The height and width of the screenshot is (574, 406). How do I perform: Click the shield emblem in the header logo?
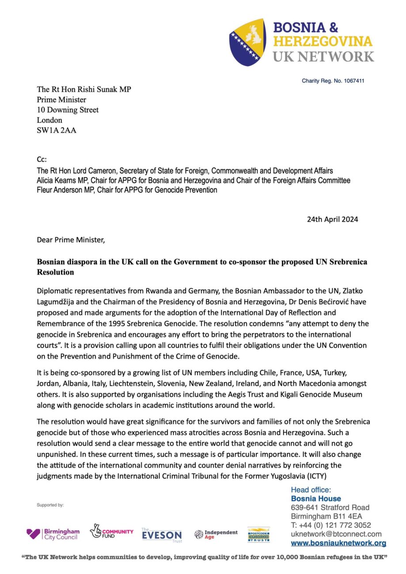pos(247,42)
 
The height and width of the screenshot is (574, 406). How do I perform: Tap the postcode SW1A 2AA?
pos(56,130)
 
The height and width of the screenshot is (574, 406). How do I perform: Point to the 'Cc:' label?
pos(42,160)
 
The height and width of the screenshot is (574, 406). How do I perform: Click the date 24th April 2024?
pos(332,219)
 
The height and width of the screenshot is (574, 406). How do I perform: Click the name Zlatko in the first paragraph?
pos(354,291)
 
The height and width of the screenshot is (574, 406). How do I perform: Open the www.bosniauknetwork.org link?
pos(338,543)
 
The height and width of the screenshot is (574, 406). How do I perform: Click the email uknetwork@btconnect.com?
pos(336,534)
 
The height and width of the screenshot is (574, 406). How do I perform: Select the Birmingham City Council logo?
pos(53,534)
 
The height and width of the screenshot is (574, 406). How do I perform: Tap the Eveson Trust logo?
pos(162,535)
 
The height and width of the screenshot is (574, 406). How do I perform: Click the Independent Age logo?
pos(216,534)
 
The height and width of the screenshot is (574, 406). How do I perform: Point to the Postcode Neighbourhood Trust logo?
pos(258,534)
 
